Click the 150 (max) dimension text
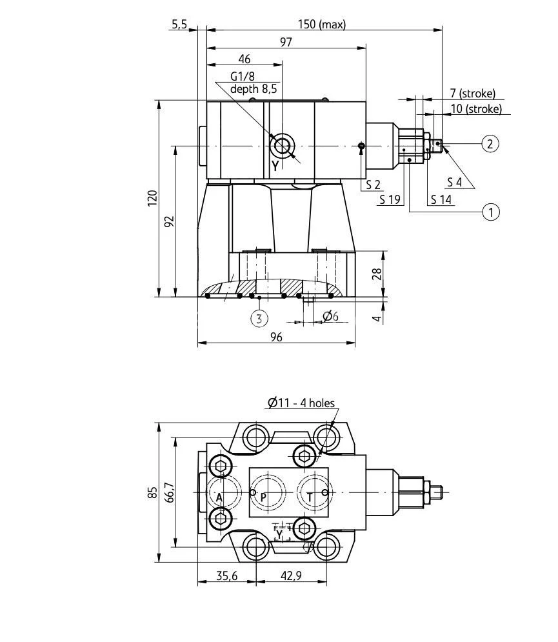[x=321, y=25]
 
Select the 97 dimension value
[x=286, y=42]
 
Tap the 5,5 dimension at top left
[x=179, y=24]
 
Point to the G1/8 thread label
[x=243, y=77]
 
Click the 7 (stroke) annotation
[x=472, y=94]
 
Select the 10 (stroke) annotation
[x=475, y=109]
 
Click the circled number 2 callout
[x=490, y=143]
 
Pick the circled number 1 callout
[x=491, y=211]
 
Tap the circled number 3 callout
[x=259, y=317]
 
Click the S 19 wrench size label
[x=390, y=199]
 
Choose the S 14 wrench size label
[x=441, y=199]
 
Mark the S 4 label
[x=454, y=183]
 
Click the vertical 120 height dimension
[x=152, y=199]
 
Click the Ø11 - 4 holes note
[x=301, y=403]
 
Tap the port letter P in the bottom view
[x=263, y=497]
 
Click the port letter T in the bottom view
[x=310, y=497]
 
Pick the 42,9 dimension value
[x=291, y=576]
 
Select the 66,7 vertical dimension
[x=168, y=492]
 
